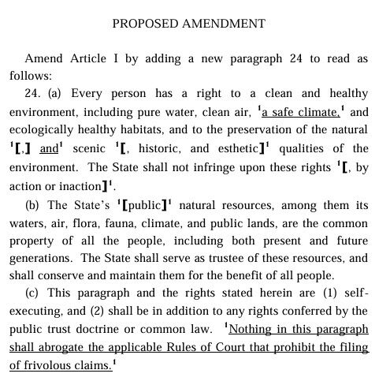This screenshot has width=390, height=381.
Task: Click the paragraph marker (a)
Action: click(54, 94)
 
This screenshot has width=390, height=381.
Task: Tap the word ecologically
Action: click(41, 130)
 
